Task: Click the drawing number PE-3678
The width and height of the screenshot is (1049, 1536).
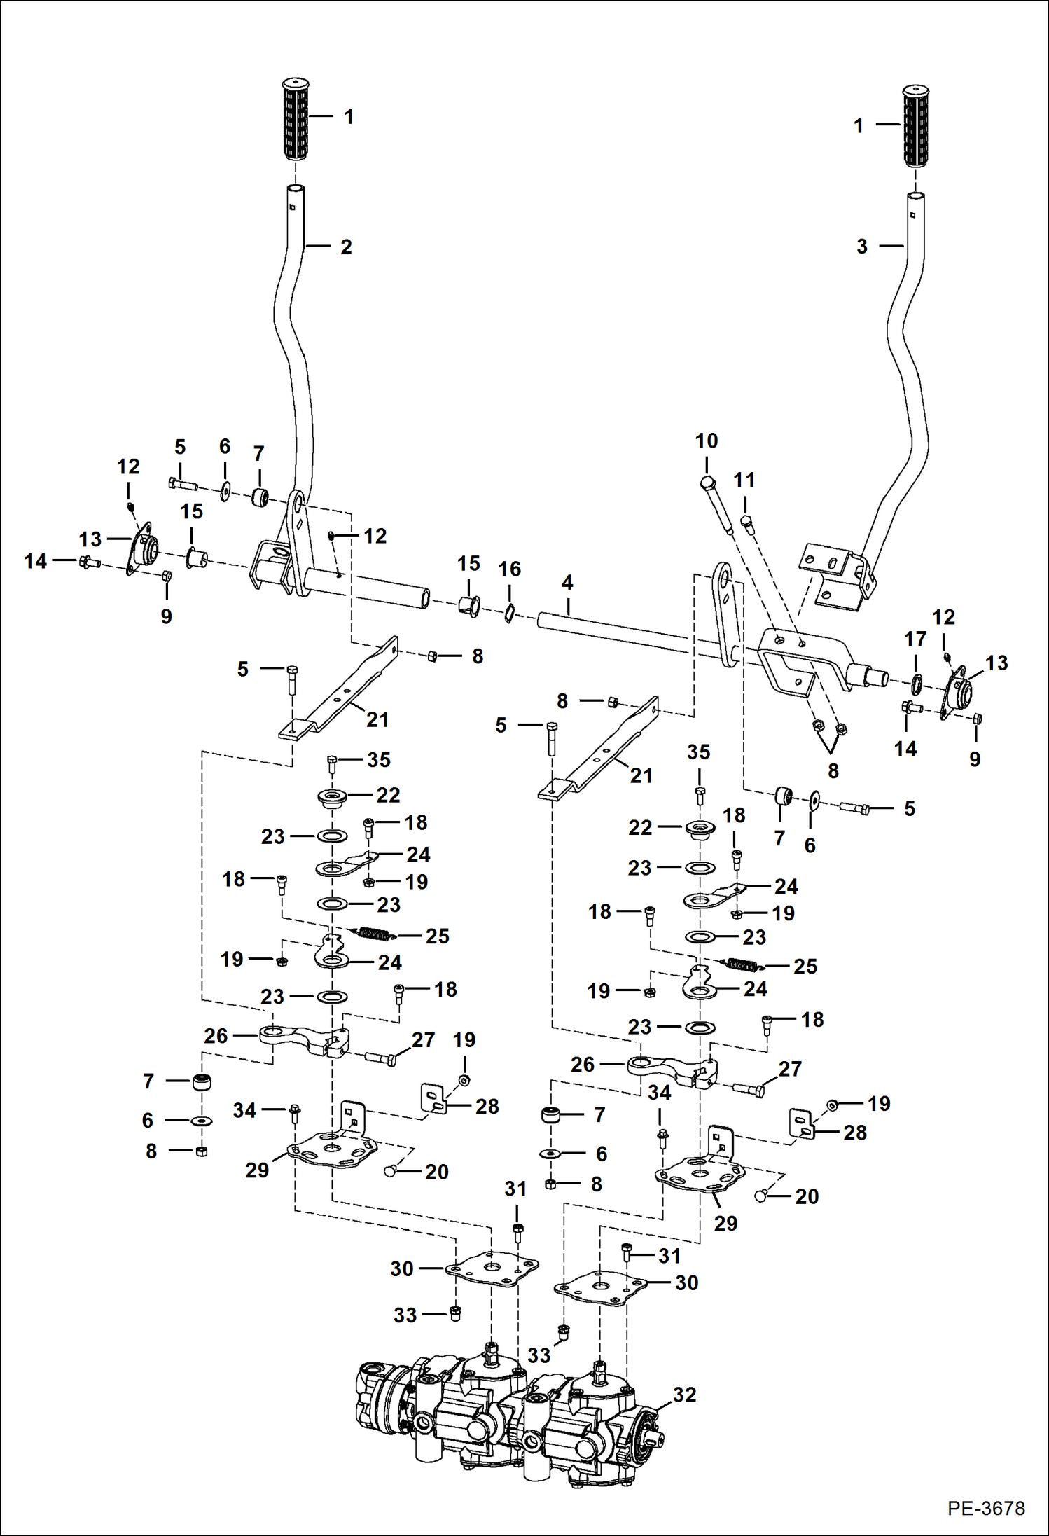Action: (986, 1508)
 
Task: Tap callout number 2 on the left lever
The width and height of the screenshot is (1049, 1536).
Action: (346, 247)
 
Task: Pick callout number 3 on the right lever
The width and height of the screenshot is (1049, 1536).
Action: (862, 247)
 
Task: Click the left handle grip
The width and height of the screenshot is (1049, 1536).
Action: (296, 120)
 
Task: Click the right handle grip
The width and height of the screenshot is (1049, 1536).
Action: (915, 127)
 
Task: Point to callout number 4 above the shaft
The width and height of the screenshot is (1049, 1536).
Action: (567, 582)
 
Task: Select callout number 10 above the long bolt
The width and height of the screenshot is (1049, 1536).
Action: (706, 441)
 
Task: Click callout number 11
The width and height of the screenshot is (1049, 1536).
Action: (744, 480)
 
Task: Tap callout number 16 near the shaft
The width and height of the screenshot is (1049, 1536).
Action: (509, 569)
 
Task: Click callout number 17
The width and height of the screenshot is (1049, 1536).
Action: (915, 639)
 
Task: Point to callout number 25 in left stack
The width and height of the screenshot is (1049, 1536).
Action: (437, 936)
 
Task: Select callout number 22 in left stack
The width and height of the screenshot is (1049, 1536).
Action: (388, 795)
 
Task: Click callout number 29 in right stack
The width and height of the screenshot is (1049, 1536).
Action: (725, 1223)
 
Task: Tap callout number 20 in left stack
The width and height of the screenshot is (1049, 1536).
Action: (436, 1171)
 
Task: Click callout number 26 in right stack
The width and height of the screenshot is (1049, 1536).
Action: (582, 1065)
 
